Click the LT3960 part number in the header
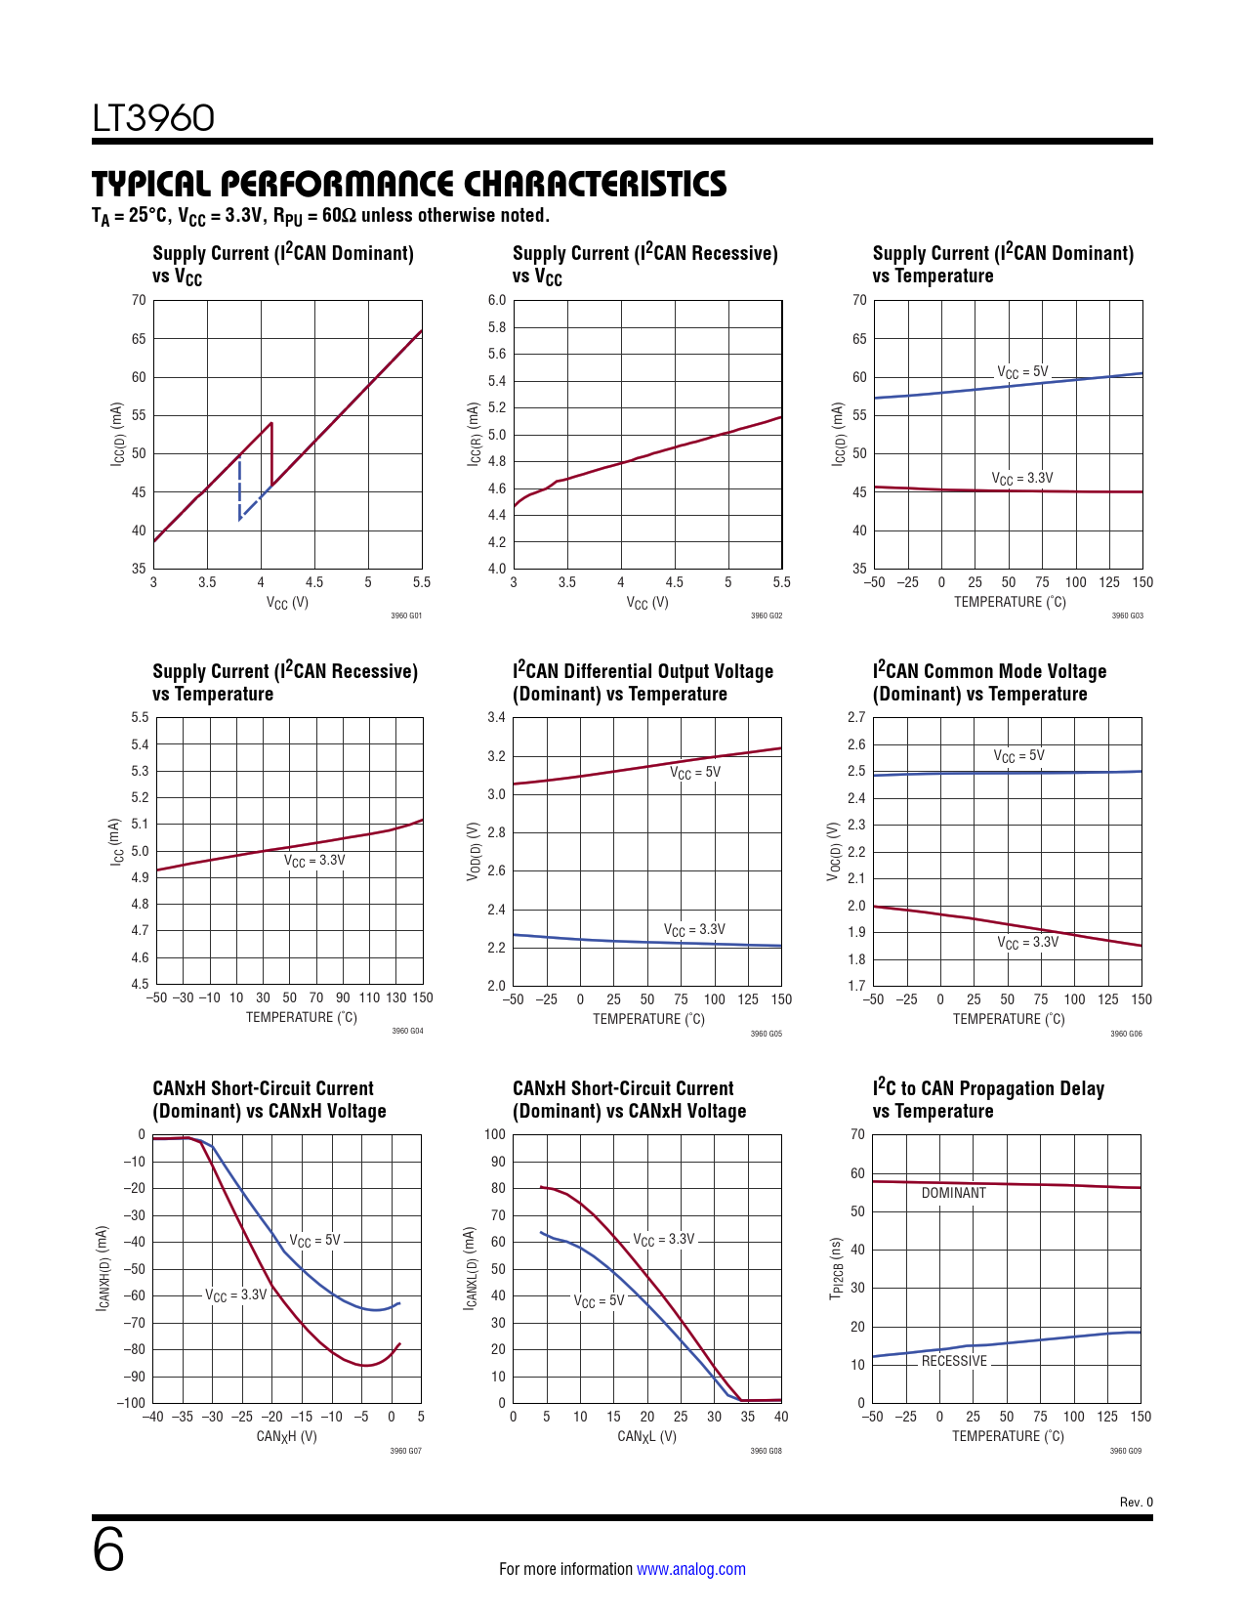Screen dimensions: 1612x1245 tap(153, 118)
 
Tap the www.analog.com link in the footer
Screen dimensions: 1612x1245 tap(690, 1569)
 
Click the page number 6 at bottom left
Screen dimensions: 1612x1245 tap(108, 1550)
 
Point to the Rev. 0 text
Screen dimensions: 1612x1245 tap(1136, 1503)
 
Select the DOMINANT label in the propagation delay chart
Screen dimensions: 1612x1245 tap(953, 1193)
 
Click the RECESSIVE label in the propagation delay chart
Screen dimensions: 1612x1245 tap(954, 1361)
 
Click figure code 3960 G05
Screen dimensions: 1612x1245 tap(766, 1034)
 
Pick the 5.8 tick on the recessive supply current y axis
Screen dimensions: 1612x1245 tap(497, 327)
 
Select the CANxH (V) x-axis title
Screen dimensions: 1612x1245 tap(286, 1436)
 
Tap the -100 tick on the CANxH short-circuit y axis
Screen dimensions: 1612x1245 tap(132, 1403)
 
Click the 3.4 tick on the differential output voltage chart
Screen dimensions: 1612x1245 tap(496, 718)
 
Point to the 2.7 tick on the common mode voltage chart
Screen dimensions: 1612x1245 tap(856, 717)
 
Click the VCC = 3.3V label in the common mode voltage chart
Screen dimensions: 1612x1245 tap(1027, 943)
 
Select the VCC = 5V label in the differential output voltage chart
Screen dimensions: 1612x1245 tap(694, 773)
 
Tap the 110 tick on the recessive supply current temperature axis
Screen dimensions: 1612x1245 tap(369, 997)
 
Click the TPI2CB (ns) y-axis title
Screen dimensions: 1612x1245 tap(836, 1268)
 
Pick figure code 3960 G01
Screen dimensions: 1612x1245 tap(406, 616)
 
